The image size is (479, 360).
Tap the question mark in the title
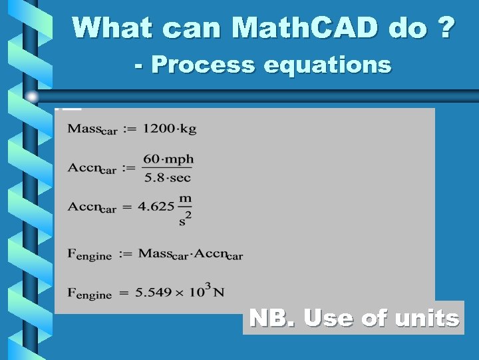coord(446,27)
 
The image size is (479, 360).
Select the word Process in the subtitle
coord(203,65)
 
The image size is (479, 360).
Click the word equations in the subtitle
coord(327,65)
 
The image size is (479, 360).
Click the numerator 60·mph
coord(168,159)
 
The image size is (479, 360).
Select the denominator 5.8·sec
coord(168,178)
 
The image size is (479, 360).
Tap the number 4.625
coord(156,206)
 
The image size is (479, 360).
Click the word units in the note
coord(426,318)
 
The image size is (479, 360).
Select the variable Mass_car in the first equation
coord(92,129)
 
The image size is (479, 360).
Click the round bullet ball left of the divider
coord(31,97)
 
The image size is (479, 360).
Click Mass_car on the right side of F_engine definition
coord(164,254)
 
